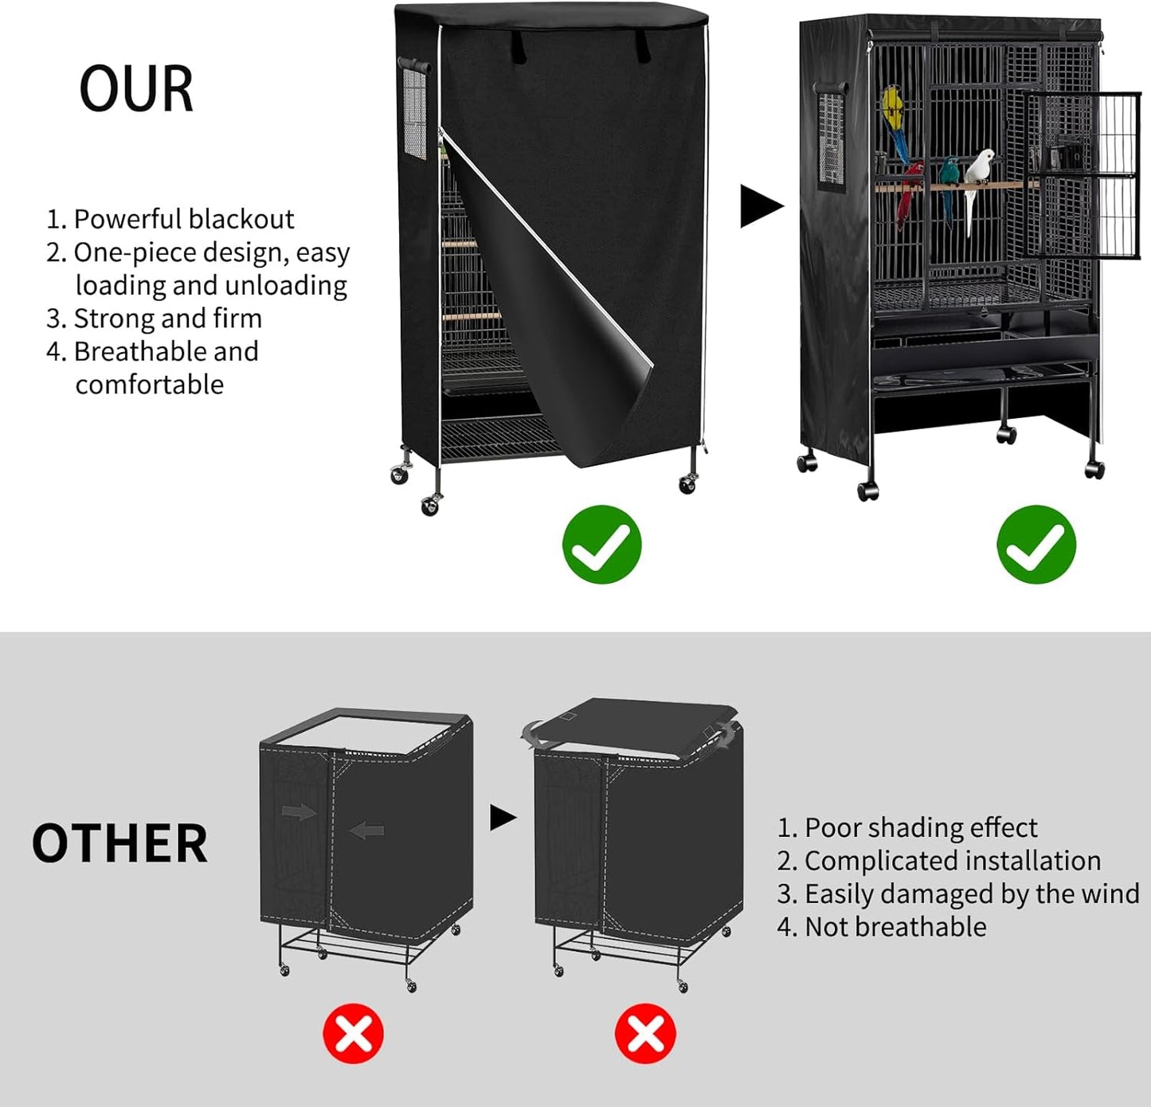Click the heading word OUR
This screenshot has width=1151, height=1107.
(x=136, y=88)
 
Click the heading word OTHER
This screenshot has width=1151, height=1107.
(x=119, y=844)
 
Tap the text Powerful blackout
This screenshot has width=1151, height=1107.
(x=183, y=219)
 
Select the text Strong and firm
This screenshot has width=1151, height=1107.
(x=167, y=319)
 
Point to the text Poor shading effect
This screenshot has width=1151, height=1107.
(x=920, y=828)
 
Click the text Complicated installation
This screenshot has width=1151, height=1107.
(x=952, y=861)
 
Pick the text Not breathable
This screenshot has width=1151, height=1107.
(x=895, y=927)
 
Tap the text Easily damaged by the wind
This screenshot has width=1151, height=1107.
(x=971, y=894)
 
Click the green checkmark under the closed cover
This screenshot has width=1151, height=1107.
(x=601, y=545)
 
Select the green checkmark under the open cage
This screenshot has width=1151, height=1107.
(x=1036, y=545)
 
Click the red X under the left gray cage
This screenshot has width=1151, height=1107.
(x=353, y=1035)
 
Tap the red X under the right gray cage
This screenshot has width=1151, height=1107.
(x=645, y=1035)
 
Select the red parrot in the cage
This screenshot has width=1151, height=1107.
(x=910, y=191)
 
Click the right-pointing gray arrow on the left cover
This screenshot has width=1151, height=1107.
(x=299, y=812)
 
